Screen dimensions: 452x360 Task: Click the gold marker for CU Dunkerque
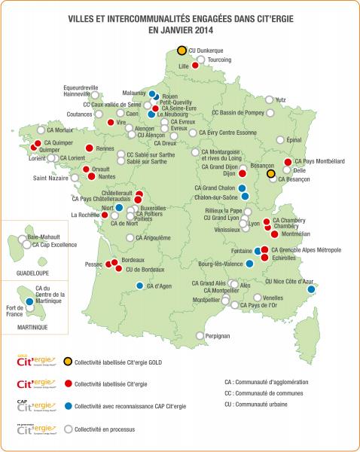click(x=182, y=50)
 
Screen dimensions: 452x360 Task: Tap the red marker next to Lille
click(x=195, y=66)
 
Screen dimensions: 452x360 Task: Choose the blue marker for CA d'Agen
click(x=140, y=286)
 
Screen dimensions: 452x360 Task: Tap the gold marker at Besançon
click(x=271, y=173)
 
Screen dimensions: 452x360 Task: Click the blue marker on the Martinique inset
click(x=29, y=301)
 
